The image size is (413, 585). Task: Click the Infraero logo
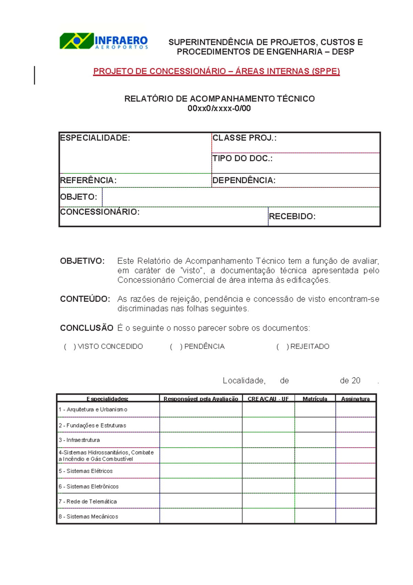(x=104, y=41)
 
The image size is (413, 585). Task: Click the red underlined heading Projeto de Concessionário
(x=216, y=71)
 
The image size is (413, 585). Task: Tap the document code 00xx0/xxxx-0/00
(x=219, y=109)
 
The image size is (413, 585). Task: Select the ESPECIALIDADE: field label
(x=95, y=138)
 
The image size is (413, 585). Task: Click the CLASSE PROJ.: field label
(x=244, y=138)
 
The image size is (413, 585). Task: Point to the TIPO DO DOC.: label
(x=242, y=158)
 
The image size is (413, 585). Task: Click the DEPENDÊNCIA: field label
(x=244, y=181)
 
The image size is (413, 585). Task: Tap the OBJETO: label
(x=78, y=197)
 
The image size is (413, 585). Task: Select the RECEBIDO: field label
(x=292, y=216)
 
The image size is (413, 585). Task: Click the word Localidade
(x=244, y=381)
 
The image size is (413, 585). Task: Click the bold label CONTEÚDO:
(x=85, y=299)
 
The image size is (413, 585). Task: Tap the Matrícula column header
(x=315, y=399)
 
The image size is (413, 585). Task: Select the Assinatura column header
(x=355, y=399)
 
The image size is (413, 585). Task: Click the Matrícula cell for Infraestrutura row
(x=315, y=440)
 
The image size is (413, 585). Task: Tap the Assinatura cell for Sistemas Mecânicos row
(x=356, y=516)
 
